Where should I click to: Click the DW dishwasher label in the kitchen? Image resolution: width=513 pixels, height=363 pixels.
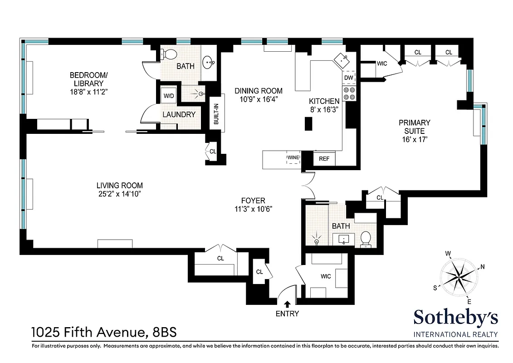pyautogui.click(x=348, y=78)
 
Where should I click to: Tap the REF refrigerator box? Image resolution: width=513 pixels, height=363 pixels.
pyautogui.click(x=324, y=159)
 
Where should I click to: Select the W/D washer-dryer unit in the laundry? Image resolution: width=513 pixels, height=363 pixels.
pyautogui.click(x=168, y=96)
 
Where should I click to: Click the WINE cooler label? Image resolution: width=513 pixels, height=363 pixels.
pyautogui.click(x=292, y=158)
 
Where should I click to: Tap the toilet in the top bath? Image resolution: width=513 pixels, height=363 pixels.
pyautogui.click(x=169, y=54)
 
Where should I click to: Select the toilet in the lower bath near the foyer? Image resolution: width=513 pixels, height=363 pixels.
pyautogui.click(x=366, y=239)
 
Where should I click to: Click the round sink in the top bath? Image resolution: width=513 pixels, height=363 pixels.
pyautogui.click(x=209, y=62)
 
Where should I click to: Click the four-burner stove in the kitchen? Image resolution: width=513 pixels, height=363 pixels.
pyautogui.click(x=349, y=93)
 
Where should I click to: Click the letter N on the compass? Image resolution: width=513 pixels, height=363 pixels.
pyautogui.click(x=483, y=267)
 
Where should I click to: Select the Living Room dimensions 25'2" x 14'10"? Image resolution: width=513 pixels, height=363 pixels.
pyautogui.click(x=119, y=194)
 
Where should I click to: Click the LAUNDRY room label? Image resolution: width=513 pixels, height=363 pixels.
pyautogui.click(x=179, y=115)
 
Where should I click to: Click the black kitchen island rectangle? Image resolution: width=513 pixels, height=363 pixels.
pyautogui.click(x=309, y=124)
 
